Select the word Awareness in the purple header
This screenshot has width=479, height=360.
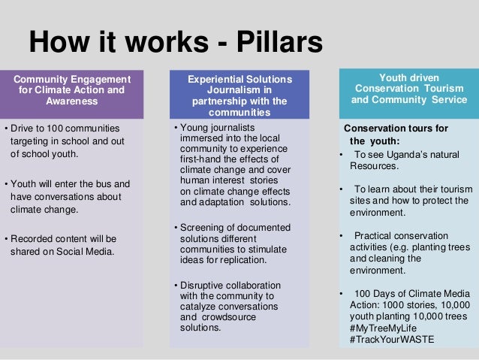point(72,101)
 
